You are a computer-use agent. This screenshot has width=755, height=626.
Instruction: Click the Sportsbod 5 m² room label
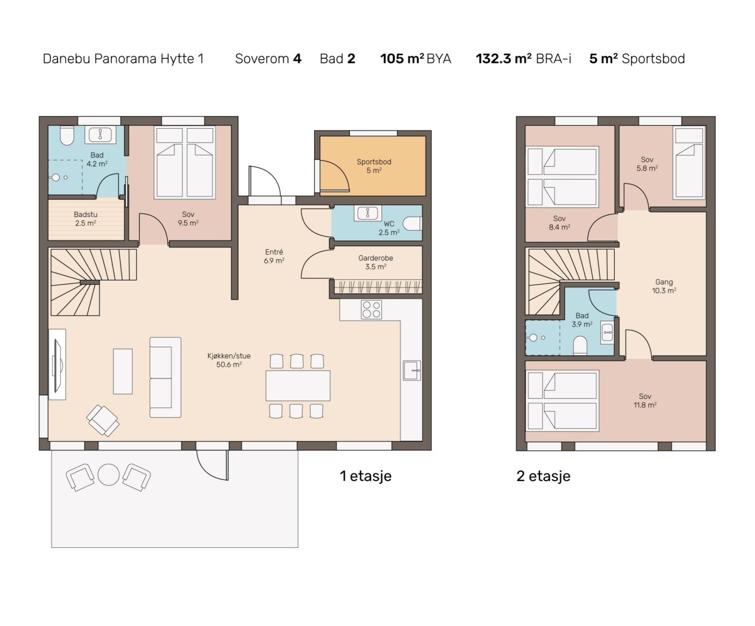[374, 166]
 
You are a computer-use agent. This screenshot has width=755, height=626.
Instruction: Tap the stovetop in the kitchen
[371, 310]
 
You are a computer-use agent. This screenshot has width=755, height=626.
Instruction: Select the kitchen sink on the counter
[412, 370]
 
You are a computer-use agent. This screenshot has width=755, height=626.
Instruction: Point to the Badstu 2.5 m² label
[86, 219]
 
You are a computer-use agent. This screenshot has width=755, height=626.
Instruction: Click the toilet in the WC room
[412, 224]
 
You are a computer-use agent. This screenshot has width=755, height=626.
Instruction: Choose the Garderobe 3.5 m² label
[375, 262]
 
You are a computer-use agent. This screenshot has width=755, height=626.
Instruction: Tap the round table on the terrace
[108, 475]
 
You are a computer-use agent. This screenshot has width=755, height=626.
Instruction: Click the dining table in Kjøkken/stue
[298, 385]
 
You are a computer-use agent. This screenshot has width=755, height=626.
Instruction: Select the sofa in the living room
[165, 377]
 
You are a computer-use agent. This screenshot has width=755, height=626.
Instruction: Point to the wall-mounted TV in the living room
[57, 365]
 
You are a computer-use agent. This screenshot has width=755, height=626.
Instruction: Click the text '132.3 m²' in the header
[504, 59]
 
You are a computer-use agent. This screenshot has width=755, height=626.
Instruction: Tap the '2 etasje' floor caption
[544, 476]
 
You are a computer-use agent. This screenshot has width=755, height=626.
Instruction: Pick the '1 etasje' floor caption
[366, 476]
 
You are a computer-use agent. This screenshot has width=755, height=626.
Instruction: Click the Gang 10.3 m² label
[664, 286]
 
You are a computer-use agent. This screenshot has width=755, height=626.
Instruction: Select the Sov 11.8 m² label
[645, 401]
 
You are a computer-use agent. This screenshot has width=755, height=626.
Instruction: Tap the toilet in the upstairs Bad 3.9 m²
[581, 345]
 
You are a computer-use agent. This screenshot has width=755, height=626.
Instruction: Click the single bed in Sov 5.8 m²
[689, 163]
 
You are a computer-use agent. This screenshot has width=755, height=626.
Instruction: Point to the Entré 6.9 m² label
[274, 256]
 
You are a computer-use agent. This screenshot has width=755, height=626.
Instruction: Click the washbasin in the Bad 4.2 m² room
[100, 134]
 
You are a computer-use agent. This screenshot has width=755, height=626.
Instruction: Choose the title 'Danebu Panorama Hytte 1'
[123, 59]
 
